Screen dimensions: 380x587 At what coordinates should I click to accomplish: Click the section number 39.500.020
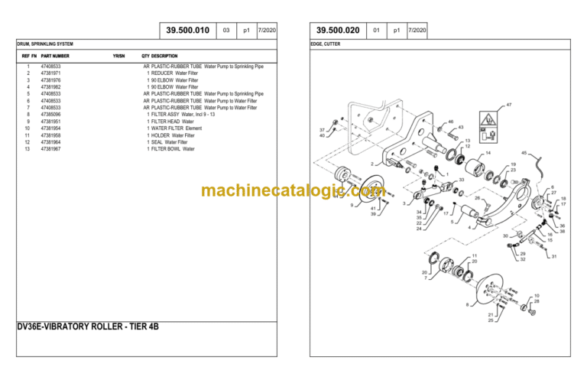coord(338,31)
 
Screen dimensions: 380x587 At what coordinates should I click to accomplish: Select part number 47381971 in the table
coord(51,73)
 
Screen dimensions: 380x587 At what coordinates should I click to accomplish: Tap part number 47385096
coord(51,115)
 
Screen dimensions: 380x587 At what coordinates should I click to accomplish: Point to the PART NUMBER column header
coord(55,56)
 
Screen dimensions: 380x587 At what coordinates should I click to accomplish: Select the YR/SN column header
coord(118,56)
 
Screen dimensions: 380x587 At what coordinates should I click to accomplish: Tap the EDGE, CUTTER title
coord(326,44)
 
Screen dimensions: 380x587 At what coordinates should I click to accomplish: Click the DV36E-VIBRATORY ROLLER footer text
coord(88,326)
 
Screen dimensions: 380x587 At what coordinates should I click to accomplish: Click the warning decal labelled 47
coord(485,122)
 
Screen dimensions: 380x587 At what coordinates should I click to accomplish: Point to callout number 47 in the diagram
coord(508,104)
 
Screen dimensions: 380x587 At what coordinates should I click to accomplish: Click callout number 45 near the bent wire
coord(524,154)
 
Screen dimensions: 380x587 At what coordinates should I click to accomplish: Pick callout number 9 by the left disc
coord(352,205)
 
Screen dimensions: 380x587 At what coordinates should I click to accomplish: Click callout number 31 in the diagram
coord(554,257)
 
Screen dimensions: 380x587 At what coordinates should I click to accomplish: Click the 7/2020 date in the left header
coord(267,31)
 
